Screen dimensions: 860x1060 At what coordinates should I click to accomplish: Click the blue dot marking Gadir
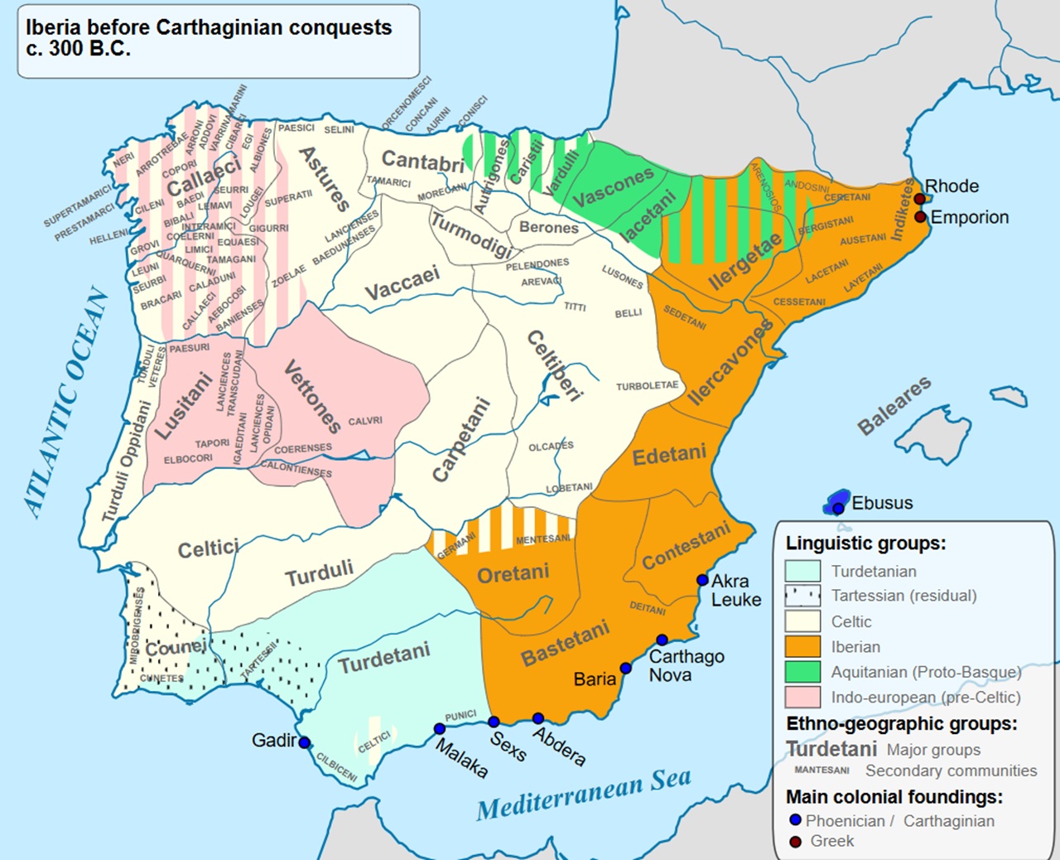point(305,742)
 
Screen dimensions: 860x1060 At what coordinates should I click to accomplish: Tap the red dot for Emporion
point(920,217)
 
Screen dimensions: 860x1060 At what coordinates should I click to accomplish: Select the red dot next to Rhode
point(919,199)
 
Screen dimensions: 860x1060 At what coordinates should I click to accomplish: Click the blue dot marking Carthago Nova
point(662,640)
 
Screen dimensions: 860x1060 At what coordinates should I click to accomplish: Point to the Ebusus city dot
point(838,507)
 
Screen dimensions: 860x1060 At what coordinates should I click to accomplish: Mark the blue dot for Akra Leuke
point(702,580)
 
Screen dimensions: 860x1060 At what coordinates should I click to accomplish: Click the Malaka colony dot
point(439,729)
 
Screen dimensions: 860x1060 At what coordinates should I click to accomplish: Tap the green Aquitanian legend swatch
point(802,672)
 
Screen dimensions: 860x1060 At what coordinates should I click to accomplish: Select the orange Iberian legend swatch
point(802,646)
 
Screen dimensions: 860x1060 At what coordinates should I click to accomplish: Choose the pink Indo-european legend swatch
point(802,697)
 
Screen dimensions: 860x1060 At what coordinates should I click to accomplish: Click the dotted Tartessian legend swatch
point(802,596)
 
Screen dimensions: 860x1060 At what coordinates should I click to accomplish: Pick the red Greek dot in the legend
point(796,842)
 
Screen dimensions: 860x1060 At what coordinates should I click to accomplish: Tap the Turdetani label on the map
point(384,658)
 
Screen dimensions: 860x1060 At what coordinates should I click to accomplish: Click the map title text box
point(218,41)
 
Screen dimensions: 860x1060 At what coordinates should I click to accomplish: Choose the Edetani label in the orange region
point(669,455)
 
